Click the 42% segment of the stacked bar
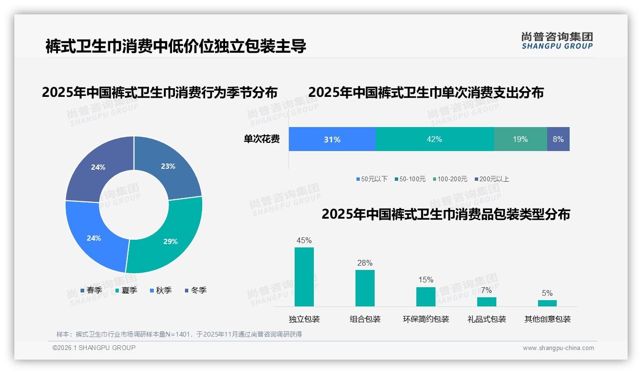pos(434,139)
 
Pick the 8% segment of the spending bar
pos(558,139)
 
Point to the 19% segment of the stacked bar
pos(520,139)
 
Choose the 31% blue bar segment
pos(332,139)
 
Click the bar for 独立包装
pos(304,277)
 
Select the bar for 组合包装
pos(365,288)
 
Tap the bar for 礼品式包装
pos(487,302)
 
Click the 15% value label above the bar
pos(425,280)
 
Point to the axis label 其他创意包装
pos(548,319)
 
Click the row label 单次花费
pos(262,139)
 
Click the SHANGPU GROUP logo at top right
pos(557,40)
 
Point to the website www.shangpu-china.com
pos(558,348)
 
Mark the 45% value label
pos(304,240)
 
